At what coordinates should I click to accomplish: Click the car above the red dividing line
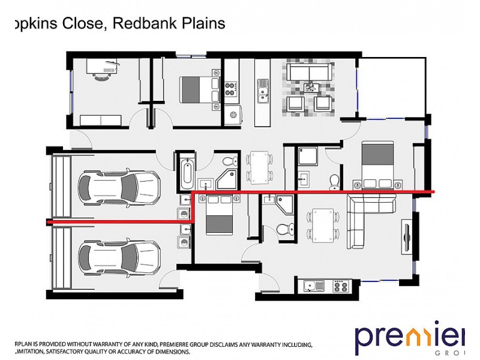coord(120,188)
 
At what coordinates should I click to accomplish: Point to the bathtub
coord(187,173)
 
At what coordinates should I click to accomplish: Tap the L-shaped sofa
coord(366,219)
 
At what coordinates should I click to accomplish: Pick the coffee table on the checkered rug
coord(310,89)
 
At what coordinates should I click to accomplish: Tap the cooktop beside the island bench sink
coord(230,90)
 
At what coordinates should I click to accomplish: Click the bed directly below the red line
coord(218,216)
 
